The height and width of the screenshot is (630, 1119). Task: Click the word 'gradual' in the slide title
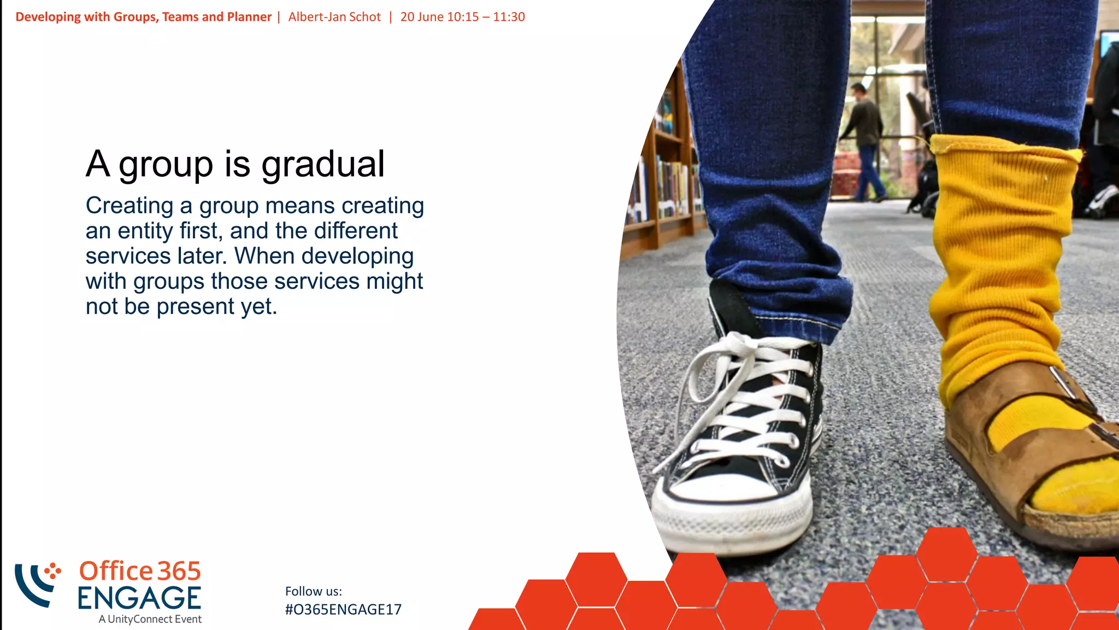[323, 164]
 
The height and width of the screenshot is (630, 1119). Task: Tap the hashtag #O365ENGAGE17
[343, 609]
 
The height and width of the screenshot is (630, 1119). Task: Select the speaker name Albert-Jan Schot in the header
[334, 17]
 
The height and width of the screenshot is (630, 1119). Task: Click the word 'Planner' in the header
[249, 17]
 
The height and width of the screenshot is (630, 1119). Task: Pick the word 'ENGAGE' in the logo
[139, 598]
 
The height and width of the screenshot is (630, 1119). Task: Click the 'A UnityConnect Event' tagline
[150, 619]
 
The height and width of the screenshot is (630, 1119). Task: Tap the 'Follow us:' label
[314, 591]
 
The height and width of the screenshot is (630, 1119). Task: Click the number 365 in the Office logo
[179, 571]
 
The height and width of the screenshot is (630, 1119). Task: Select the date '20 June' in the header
[421, 17]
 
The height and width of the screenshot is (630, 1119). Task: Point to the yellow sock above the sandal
[994, 262]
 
